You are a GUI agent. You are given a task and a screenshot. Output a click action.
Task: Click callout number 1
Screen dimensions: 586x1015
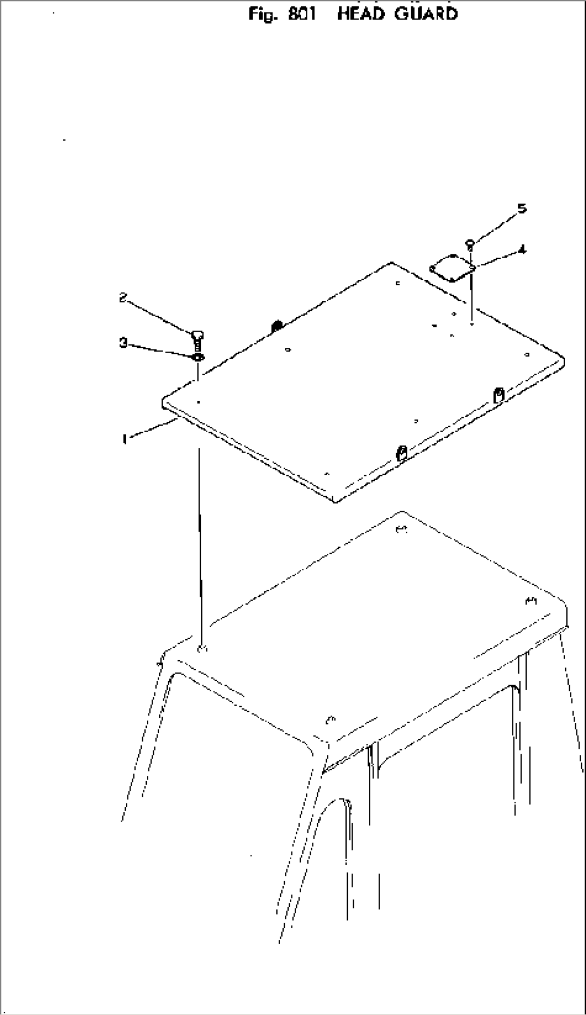[x=125, y=440]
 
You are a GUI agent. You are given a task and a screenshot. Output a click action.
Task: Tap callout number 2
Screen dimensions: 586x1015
[x=123, y=297]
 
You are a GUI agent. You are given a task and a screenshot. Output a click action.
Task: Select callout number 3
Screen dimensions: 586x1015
[x=124, y=342]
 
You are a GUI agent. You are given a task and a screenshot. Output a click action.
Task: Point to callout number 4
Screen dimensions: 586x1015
[x=522, y=249]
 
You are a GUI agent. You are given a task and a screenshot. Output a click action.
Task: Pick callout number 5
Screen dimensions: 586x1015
[x=522, y=209]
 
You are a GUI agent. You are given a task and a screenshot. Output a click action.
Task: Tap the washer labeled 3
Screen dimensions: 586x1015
[x=197, y=358]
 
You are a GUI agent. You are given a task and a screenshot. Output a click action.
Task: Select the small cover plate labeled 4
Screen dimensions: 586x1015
[x=452, y=268]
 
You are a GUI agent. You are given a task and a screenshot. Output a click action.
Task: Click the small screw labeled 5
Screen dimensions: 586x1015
[x=470, y=245]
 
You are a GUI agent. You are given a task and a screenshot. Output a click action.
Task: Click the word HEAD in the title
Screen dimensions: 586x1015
[x=361, y=13]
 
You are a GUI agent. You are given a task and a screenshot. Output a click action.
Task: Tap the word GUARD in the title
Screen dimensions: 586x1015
[x=426, y=13]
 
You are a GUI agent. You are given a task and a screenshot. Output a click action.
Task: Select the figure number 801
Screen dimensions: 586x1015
[x=302, y=13]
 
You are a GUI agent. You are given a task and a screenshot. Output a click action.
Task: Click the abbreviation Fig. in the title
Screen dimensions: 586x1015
[x=263, y=14]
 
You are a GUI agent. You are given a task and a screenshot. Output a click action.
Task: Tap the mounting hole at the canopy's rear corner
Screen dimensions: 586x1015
[x=400, y=530]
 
